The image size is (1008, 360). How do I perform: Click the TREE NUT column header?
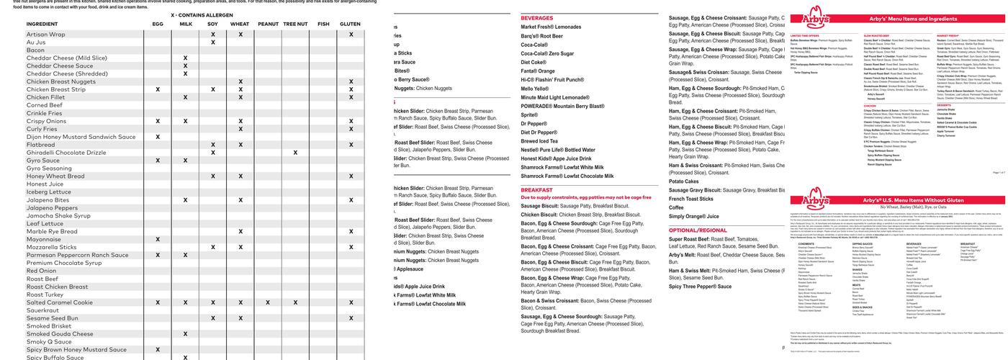pos(295,24)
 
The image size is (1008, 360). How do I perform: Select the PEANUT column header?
pos(268,24)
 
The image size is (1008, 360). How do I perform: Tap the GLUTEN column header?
pos(351,24)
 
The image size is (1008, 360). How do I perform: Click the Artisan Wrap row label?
pos(46,34)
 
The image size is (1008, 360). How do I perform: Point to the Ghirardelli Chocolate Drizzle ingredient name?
pos(66,153)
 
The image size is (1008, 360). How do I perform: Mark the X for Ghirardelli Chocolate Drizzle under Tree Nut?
pos(295,153)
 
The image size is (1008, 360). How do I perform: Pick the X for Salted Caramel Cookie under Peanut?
pos(268,302)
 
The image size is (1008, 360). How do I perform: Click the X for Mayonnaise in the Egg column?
pos(158,239)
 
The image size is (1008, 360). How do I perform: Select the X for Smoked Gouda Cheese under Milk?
pos(185,334)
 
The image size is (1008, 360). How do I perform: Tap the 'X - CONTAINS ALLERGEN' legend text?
pos(202,15)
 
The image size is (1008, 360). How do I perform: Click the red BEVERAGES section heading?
pos(542,18)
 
